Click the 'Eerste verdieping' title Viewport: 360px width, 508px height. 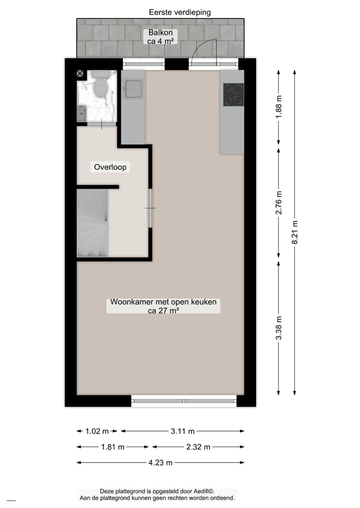(x=180, y=12)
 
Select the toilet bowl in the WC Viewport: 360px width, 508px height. (x=100, y=88)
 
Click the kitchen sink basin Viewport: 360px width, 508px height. (x=133, y=89)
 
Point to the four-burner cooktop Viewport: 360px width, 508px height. (x=233, y=94)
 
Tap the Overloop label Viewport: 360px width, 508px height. (x=110, y=167)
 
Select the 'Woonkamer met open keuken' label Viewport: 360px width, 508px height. (x=163, y=306)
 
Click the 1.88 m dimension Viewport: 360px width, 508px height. (x=279, y=106)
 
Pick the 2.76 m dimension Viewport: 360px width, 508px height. (x=279, y=203)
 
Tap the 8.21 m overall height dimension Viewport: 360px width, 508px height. (x=295, y=232)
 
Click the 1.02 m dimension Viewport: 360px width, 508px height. (x=97, y=431)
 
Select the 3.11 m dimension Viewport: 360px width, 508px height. (x=182, y=431)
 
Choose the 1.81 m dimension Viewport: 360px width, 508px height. (x=112, y=447)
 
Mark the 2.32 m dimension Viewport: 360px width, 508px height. (x=198, y=447)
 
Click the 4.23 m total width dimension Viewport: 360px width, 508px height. (x=160, y=463)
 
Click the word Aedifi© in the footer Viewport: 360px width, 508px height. (x=208, y=491)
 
